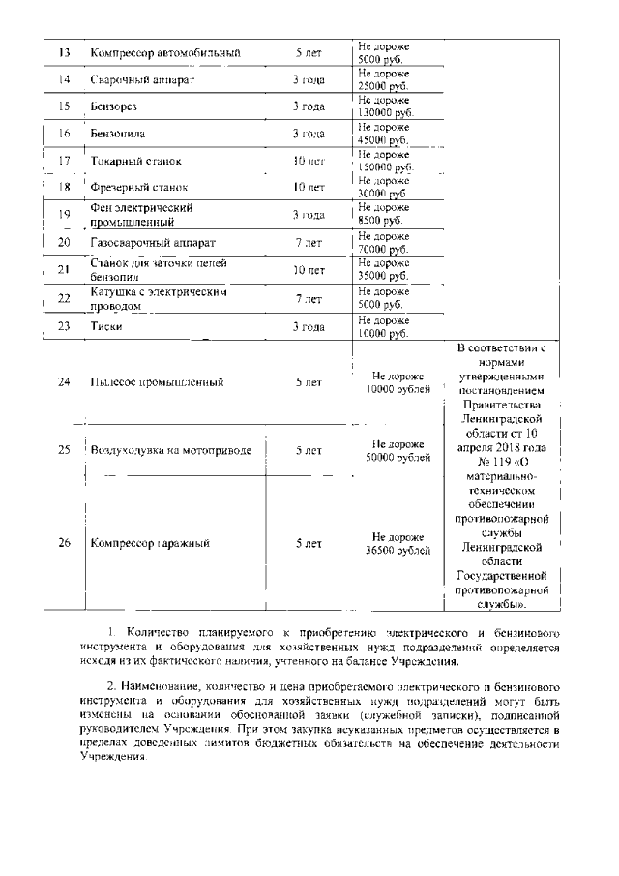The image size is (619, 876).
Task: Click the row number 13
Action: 65,52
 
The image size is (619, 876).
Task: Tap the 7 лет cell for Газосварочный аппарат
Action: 309,242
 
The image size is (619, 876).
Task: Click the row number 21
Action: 65,270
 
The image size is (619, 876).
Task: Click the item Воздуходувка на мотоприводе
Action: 170,450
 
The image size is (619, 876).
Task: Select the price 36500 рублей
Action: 398,550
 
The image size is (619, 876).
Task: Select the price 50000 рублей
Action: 398,457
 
